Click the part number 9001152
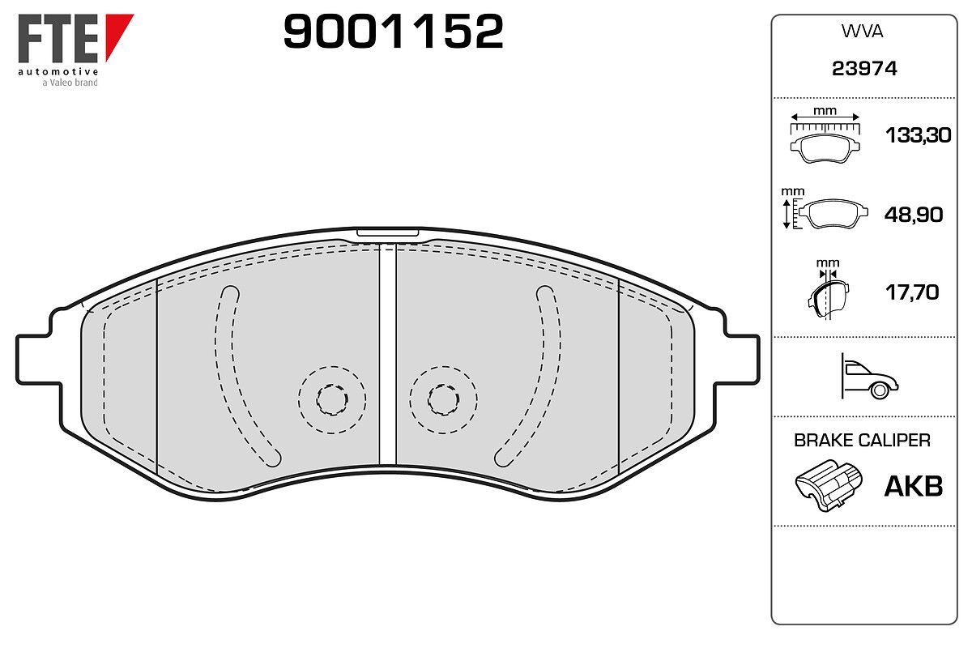(393, 32)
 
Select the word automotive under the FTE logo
(58, 71)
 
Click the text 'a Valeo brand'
(70, 83)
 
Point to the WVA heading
(862, 32)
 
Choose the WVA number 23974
(864, 69)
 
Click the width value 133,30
(919, 135)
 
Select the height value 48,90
(914, 215)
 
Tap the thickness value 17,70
(912, 292)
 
